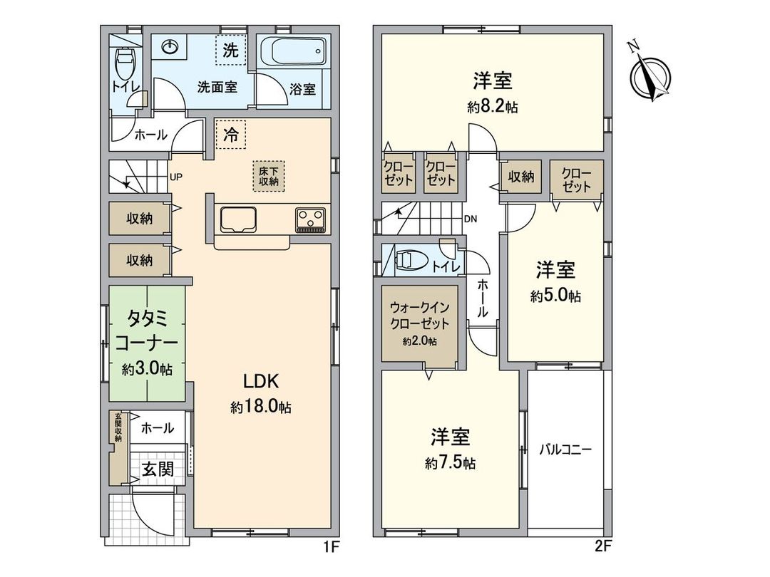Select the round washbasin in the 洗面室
point(169,48)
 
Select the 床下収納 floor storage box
point(268,175)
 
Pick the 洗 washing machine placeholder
point(231,51)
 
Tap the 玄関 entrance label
point(156,470)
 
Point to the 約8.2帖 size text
point(492,107)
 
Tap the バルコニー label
point(565,450)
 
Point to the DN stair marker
point(471,219)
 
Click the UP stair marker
point(175,179)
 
